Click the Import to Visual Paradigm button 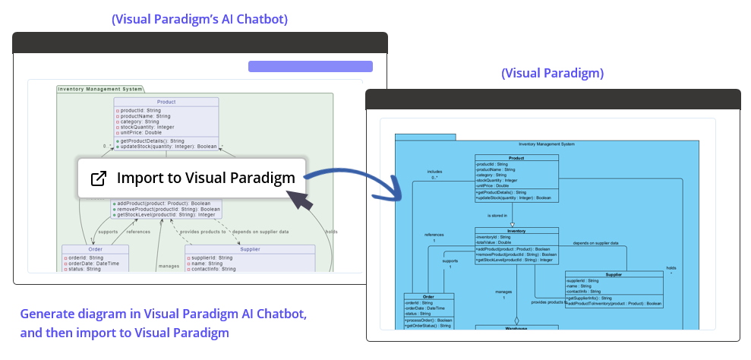[x=191, y=178]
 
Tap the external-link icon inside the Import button [x=99, y=178]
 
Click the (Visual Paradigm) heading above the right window [x=552, y=73]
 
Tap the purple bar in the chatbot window [x=310, y=67]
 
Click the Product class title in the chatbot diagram [x=166, y=102]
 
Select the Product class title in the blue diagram [x=516, y=158]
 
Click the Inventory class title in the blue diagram [x=516, y=231]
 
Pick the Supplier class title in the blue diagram [x=614, y=274]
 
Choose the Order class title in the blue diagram [x=429, y=297]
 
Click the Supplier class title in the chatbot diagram [x=250, y=249]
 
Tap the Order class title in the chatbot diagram [x=95, y=249]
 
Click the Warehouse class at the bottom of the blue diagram [x=516, y=328]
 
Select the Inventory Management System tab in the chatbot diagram [x=100, y=89]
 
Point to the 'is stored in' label [x=497, y=216]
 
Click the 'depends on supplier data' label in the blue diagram [x=595, y=243]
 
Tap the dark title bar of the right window [x=553, y=99]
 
